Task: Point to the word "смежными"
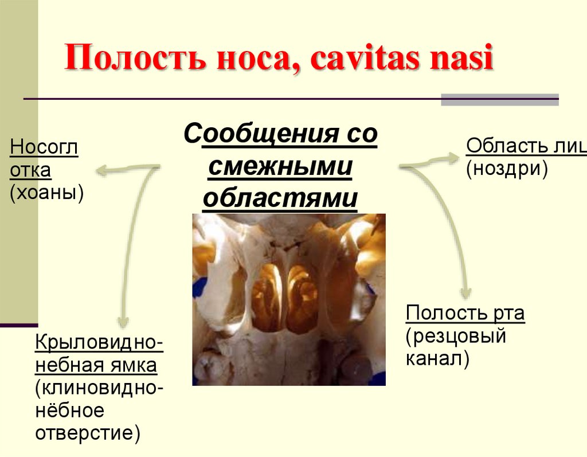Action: pyautogui.click(x=280, y=167)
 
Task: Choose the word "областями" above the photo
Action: pyautogui.click(x=280, y=198)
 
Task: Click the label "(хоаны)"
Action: pyautogui.click(x=46, y=193)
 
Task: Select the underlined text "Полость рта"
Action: pyautogui.click(x=465, y=314)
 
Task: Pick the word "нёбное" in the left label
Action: pyautogui.click(x=70, y=410)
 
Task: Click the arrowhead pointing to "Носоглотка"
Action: pyautogui.click(x=102, y=170)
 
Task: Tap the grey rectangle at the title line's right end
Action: pyautogui.click(x=499, y=100)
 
